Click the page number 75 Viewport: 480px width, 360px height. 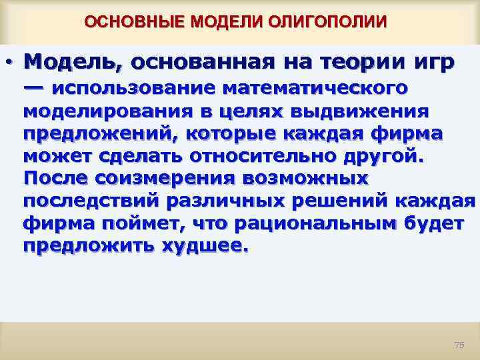(458, 345)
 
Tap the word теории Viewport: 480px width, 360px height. (355, 63)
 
